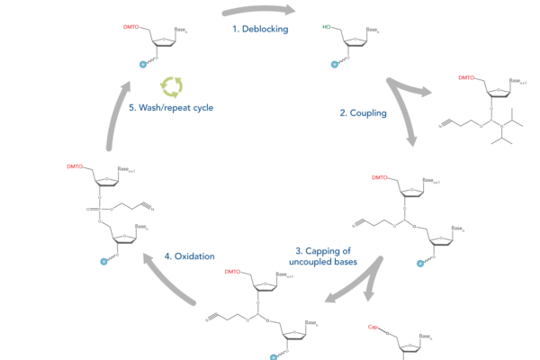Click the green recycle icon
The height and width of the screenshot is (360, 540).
172,86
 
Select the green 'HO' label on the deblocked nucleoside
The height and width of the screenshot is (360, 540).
327,27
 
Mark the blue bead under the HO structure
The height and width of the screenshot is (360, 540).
335,65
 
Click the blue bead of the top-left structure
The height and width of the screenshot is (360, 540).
142,65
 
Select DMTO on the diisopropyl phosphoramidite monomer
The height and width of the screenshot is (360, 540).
465,78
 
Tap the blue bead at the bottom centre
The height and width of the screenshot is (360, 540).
274,356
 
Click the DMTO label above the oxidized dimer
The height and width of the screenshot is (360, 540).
75,166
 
